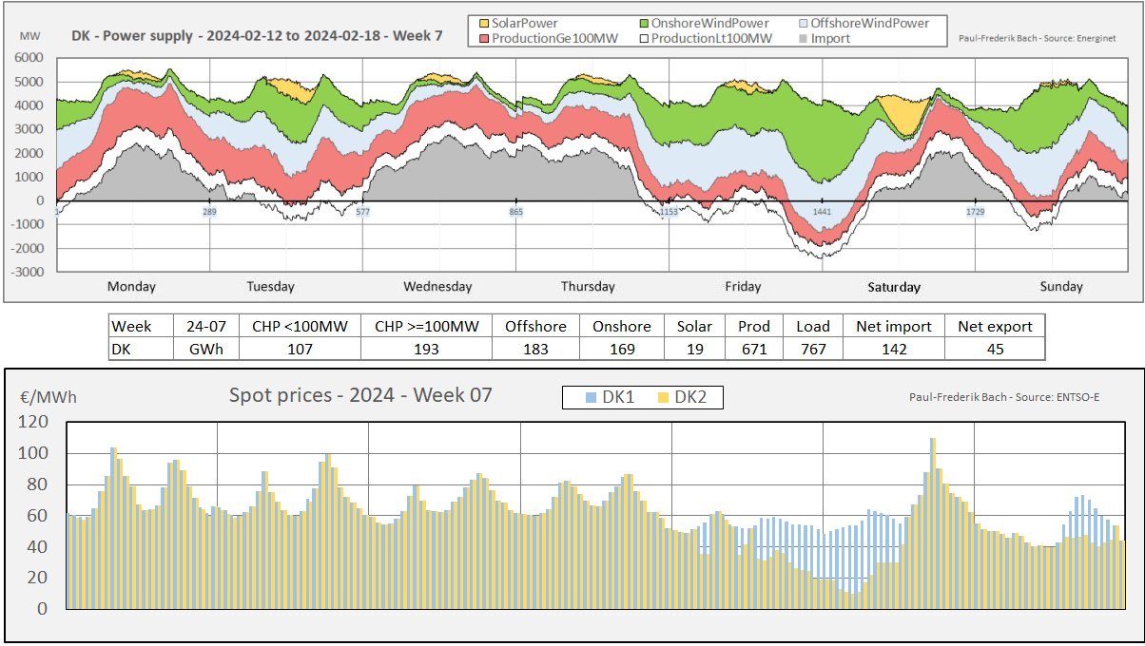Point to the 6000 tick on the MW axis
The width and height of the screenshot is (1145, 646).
28,58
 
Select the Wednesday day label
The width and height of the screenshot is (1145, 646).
437,287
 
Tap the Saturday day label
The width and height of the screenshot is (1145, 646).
894,287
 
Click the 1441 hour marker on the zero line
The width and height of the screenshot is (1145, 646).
823,212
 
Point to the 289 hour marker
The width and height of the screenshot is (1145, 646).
210,212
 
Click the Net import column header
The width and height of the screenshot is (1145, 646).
893,326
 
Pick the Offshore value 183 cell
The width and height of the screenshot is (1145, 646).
535,349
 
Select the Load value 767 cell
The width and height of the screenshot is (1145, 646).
811,349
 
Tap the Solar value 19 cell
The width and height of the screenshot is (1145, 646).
693,349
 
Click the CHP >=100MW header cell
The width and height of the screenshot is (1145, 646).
426,326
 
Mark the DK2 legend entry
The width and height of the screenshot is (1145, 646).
683,397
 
